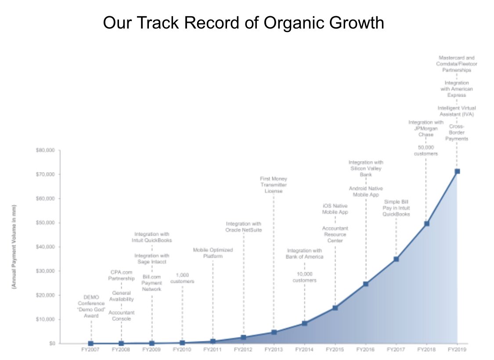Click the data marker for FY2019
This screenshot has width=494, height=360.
(x=457, y=171)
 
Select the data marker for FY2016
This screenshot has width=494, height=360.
(x=365, y=284)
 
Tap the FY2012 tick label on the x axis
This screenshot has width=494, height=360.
(x=243, y=350)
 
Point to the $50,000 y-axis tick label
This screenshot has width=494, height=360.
(x=45, y=223)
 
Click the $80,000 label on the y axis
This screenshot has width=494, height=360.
(x=45, y=151)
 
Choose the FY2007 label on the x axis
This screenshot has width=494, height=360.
(x=90, y=350)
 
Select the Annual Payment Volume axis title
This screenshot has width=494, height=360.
(x=14, y=246)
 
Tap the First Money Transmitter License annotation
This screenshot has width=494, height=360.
(x=273, y=185)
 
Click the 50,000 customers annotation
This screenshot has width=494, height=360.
(x=425, y=151)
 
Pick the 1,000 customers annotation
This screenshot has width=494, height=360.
(x=182, y=278)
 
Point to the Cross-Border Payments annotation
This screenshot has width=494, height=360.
(x=457, y=133)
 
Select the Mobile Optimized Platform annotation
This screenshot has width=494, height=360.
(x=213, y=253)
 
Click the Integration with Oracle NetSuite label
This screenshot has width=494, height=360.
(x=243, y=227)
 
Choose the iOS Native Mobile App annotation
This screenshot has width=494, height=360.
(x=335, y=209)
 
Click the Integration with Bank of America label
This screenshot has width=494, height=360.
(x=304, y=253)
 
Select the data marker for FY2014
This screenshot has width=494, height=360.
(x=304, y=324)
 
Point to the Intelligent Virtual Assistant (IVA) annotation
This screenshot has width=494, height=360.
(x=457, y=111)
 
